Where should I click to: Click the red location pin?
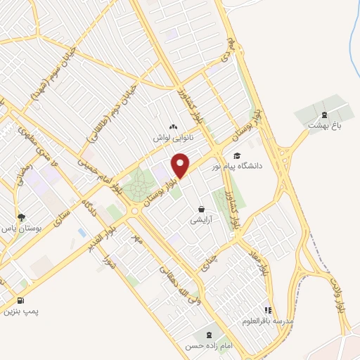[x=181, y=165]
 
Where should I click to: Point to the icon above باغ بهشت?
[x=324, y=115]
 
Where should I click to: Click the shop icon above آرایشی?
[x=202, y=209]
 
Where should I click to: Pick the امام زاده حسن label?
[x=209, y=346]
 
